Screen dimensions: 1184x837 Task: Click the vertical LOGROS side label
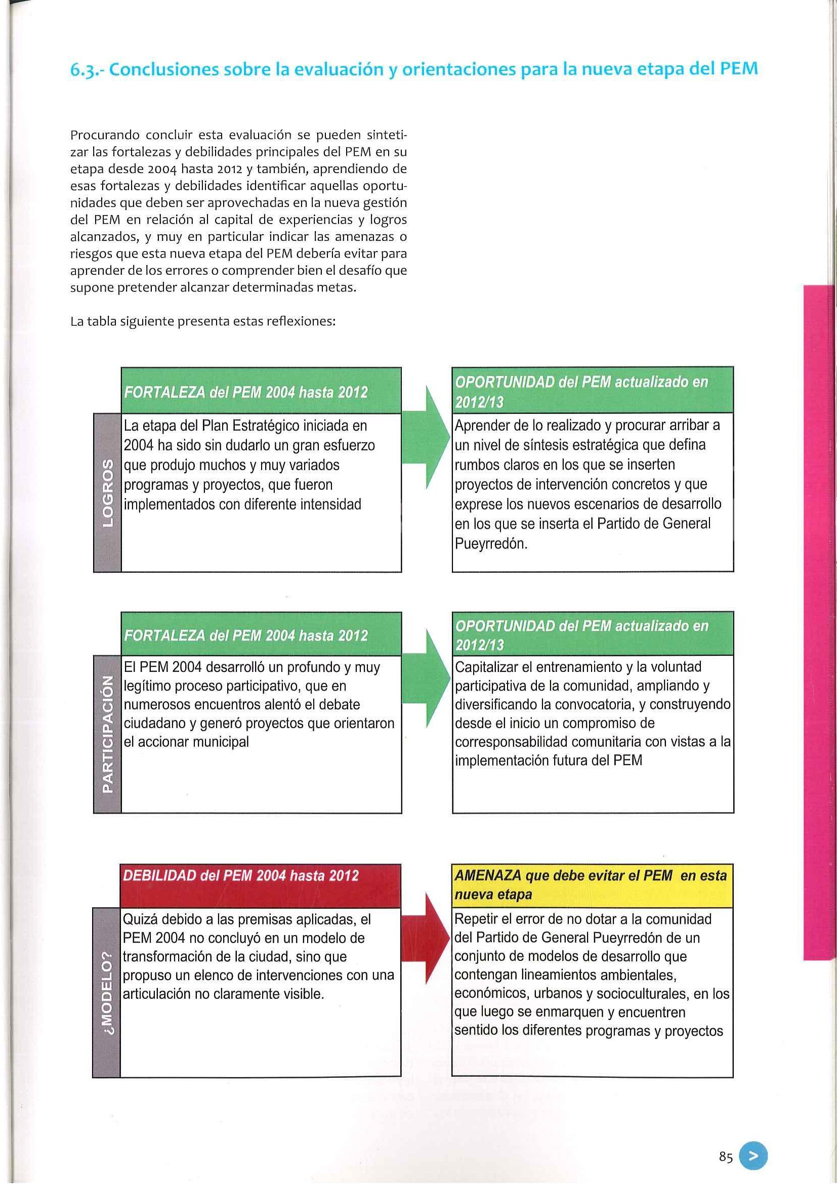click(107, 492)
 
